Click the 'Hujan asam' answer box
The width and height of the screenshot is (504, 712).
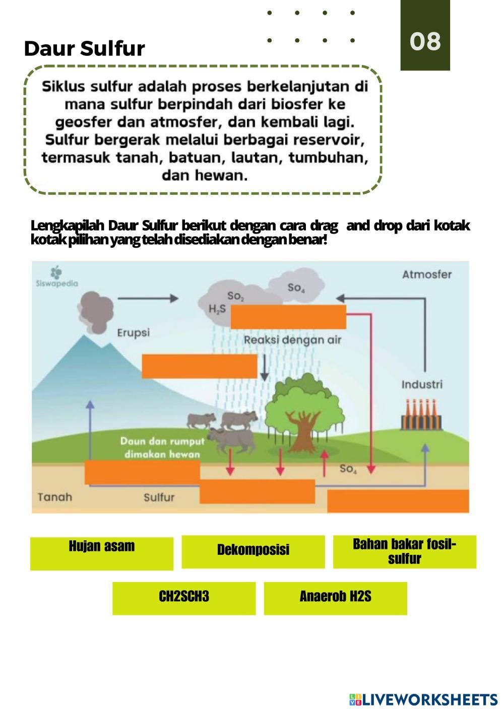(x=101, y=553)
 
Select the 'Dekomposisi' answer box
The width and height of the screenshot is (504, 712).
(x=253, y=551)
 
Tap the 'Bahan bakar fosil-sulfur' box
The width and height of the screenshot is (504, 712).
(x=404, y=551)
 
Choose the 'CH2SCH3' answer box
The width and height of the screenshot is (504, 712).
(x=183, y=598)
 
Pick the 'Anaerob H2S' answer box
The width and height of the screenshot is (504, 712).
(x=335, y=598)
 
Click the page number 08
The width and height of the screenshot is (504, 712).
(x=425, y=41)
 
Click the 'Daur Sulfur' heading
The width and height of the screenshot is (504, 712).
(x=84, y=48)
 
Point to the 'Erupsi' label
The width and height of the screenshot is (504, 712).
(x=133, y=333)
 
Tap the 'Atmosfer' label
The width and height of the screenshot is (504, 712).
(x=426, y=274)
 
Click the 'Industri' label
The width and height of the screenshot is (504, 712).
(x=422, y=385)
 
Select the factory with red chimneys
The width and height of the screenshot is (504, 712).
(x=421, y=415)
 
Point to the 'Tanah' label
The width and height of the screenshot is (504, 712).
(x=55, y=497)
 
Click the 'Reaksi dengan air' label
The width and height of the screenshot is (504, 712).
(x=292, y=340)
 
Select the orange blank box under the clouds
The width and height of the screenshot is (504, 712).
(x=288, y=317)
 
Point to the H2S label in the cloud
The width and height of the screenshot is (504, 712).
(x=217, y=309)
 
